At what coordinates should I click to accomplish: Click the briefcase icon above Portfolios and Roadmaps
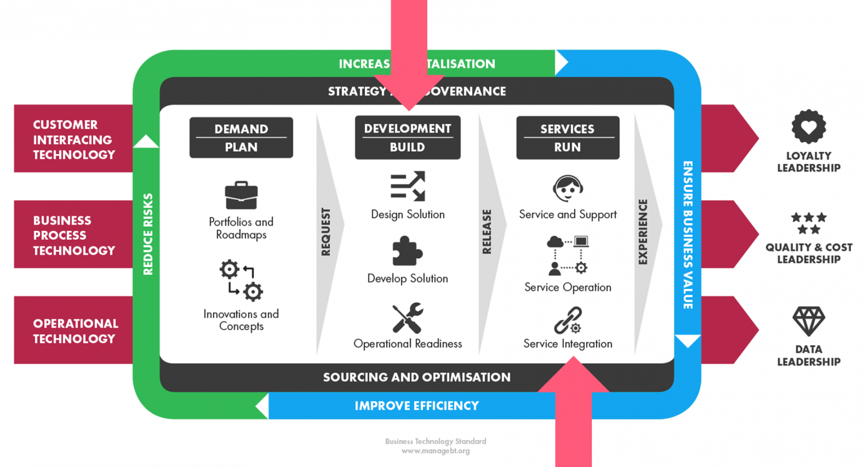[x=241, y=195]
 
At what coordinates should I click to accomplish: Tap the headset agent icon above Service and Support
[x=568, y=188]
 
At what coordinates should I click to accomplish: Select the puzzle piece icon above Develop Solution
[x=407, y=251]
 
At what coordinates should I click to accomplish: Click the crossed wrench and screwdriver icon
[x=408, y=318]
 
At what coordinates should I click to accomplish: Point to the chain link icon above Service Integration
[x=568, y=320]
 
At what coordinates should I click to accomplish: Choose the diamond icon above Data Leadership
[x=808, y=321]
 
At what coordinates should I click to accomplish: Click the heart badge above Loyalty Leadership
[x=808, y=127]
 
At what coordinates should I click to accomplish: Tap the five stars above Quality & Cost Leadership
[x=808, y=223]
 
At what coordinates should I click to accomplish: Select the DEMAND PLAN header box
[x=241, y=138]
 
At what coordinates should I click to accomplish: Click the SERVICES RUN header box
[x=568, y=138]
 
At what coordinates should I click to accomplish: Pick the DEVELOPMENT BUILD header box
[x=408, y=137]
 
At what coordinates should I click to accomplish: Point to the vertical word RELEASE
[x=487, y=231]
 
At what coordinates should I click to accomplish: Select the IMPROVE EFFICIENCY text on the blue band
[x=416, y=406]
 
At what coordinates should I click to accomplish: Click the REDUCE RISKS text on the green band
[x=148, y=234]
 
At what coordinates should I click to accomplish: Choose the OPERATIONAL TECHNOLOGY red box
[x=74, y=330]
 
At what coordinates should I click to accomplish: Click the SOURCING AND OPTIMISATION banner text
[x=416, y=377]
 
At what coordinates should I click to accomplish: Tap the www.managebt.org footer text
[x=435, y=451]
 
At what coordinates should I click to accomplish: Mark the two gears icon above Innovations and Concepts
[x=241, y=280]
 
